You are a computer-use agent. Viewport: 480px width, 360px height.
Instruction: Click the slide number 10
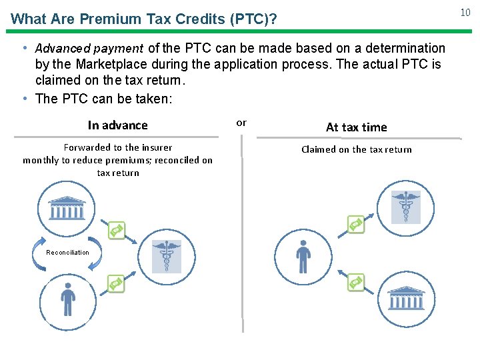(x=465, y=12)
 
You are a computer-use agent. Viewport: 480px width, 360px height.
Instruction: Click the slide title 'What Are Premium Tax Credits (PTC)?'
(x=144, y=19)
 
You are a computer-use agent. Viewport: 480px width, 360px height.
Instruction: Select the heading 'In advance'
(x=118, y=125)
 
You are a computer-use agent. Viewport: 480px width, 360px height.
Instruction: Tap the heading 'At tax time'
(x=356, y=127)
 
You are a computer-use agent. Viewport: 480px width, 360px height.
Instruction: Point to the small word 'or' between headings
(x=241, y=123)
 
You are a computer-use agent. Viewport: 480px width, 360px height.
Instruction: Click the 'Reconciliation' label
(x=67, y=253)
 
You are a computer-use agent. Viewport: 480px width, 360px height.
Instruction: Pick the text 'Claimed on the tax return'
(x=356, y=149)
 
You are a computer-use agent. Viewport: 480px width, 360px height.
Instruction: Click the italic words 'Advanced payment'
(x=89, y=49)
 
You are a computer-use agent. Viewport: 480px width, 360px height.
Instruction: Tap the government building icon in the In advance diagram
(x=67, y=209)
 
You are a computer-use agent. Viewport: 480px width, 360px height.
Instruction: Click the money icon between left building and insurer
(x=117, y=230)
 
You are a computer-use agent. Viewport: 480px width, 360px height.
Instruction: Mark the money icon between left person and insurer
(x=117, y=285)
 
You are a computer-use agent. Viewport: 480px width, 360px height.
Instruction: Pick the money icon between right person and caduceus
(x=356, y=225)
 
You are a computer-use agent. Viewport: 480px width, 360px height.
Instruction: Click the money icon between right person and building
(x=356, y=282)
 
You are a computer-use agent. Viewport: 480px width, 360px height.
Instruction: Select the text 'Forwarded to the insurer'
(x=118, y=147)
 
